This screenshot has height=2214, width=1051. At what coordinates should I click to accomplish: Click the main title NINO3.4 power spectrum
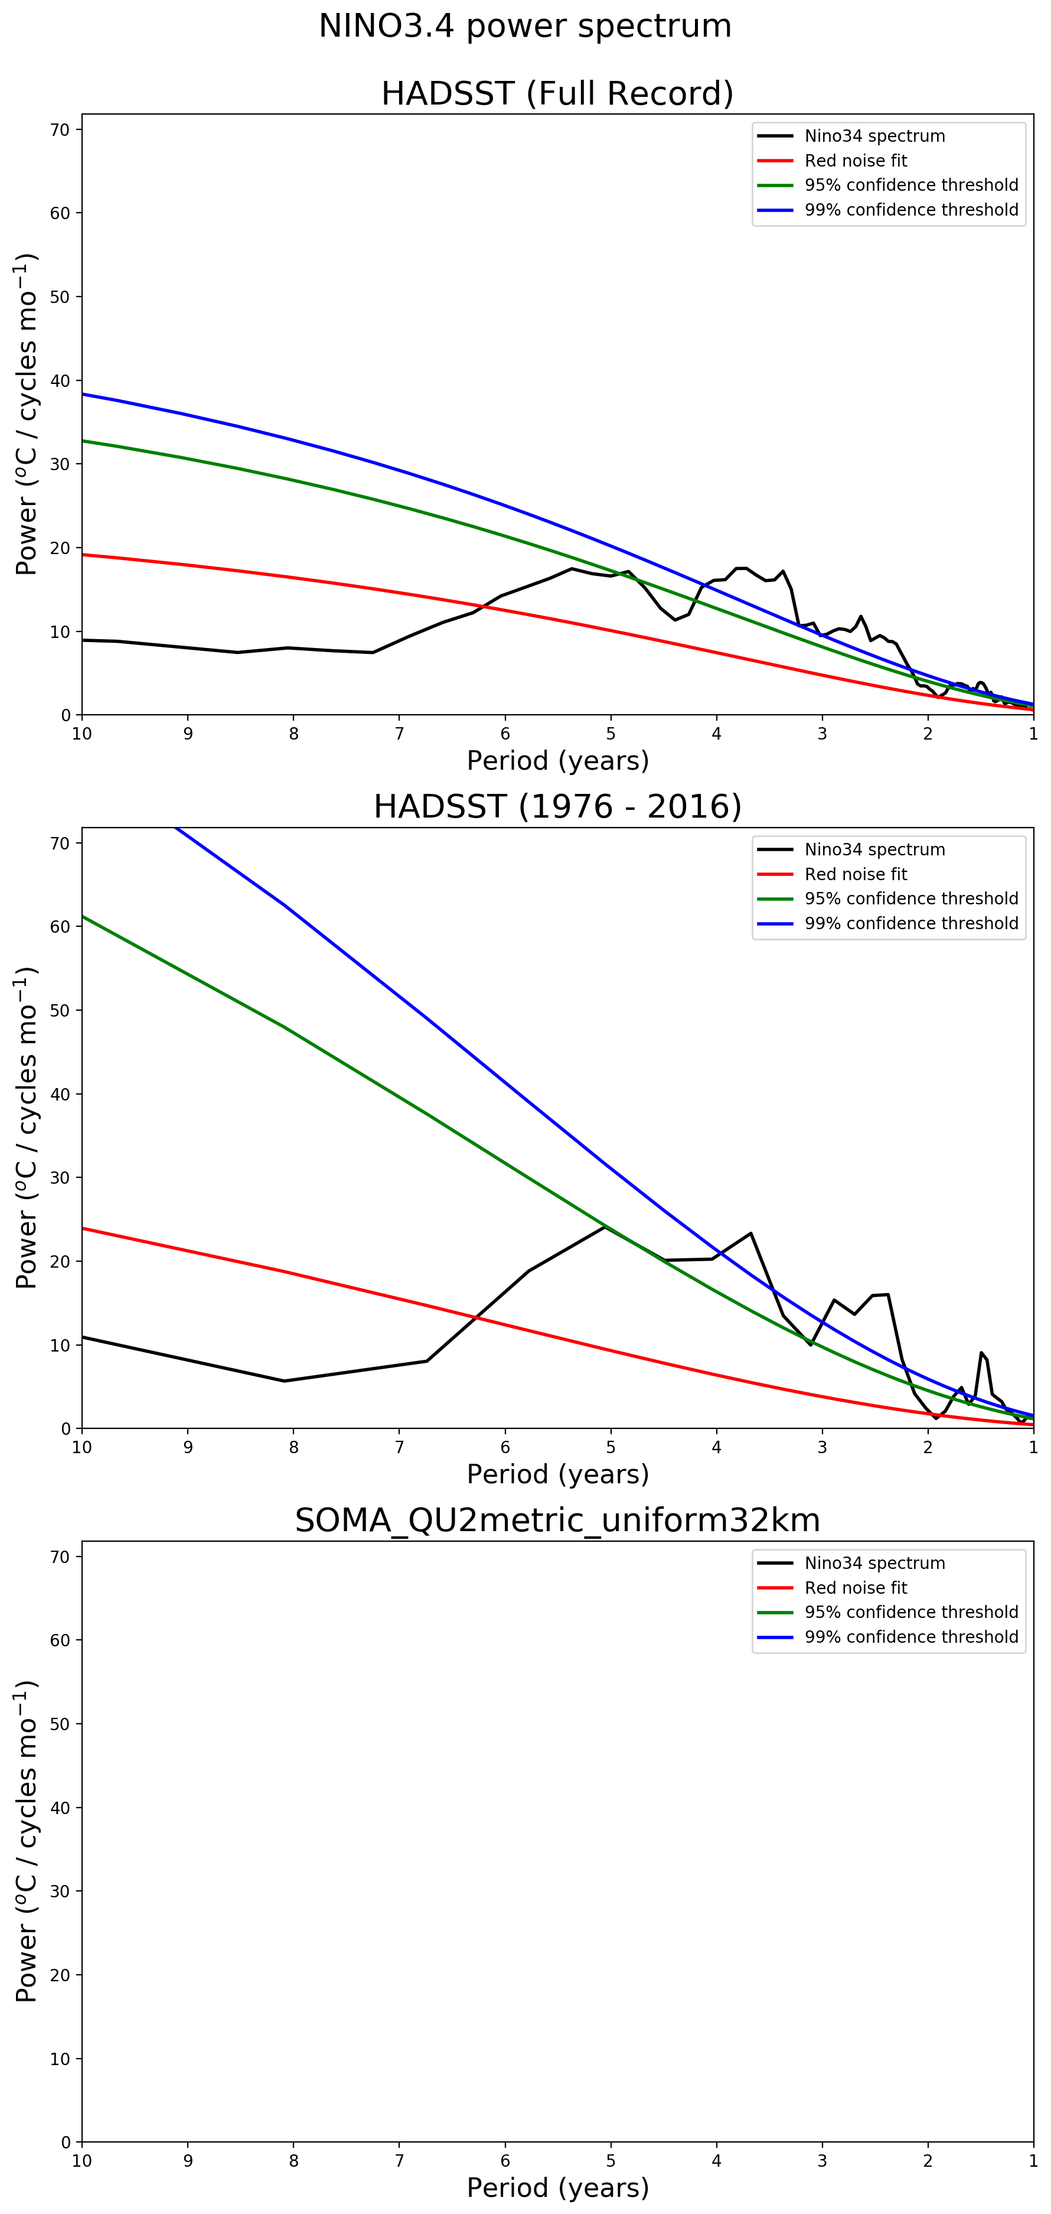pos(524,26)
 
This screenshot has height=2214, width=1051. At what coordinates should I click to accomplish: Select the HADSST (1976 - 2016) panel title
pos(557,807)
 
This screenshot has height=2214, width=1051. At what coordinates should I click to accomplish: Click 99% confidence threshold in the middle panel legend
pos(911,923)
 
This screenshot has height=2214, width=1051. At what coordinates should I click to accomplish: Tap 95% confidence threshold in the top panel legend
pos(911,185)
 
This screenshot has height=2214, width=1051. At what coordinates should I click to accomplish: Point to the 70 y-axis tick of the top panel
pos(60,130)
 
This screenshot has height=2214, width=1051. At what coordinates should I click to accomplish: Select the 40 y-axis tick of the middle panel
pos(60,1094)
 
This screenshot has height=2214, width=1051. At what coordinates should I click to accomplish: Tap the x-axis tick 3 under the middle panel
pos(822,1447)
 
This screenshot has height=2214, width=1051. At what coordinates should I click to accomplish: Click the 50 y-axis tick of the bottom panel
pos(60,1723)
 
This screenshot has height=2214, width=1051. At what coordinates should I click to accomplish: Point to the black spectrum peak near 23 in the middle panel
pos(751,1233)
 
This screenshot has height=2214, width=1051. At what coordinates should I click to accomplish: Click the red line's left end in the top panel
pos(83,554)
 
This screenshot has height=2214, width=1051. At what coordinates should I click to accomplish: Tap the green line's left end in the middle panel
pos(83,916)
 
